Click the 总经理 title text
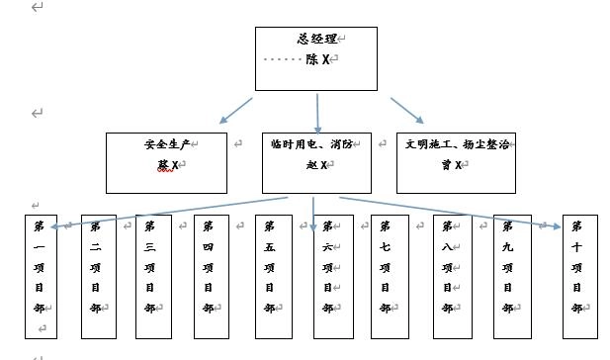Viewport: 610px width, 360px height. coord(316,40)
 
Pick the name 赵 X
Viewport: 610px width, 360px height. coord(316,164)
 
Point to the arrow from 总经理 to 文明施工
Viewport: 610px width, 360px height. coord(406,110)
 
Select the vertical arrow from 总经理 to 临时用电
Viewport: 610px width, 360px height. coord(317,113)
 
